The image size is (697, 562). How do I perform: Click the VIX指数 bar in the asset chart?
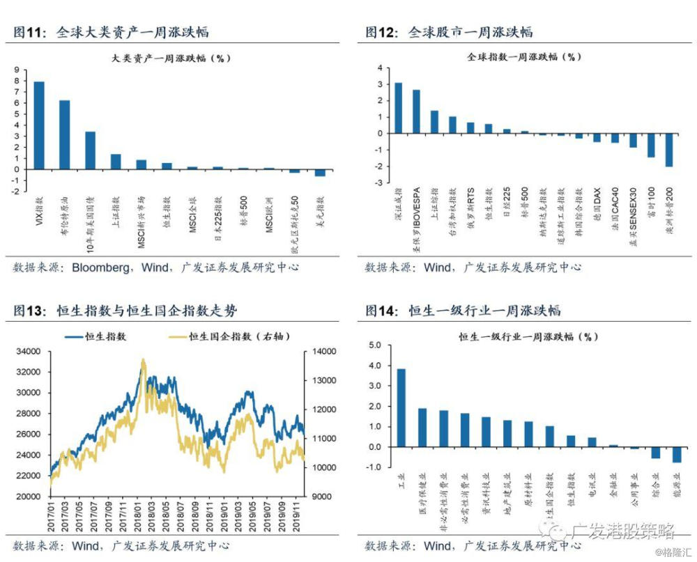[39, 125]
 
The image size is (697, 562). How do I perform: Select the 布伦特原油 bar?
[64, 134]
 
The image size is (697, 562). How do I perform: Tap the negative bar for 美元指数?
[320, 172]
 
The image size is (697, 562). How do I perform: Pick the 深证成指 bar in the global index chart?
[398, 108]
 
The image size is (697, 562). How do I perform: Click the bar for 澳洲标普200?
[669, 150]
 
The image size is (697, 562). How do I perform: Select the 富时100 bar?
[651, 145]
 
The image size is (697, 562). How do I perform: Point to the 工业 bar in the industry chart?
[401, 407]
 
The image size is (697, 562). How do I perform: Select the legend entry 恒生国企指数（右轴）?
[229, 337]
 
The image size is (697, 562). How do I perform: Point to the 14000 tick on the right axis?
[317, 352]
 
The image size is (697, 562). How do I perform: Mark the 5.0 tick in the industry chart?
[375, 345]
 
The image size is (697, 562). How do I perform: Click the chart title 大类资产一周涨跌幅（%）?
[171, 58]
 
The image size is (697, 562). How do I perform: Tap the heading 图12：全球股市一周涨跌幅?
[450, 32]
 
